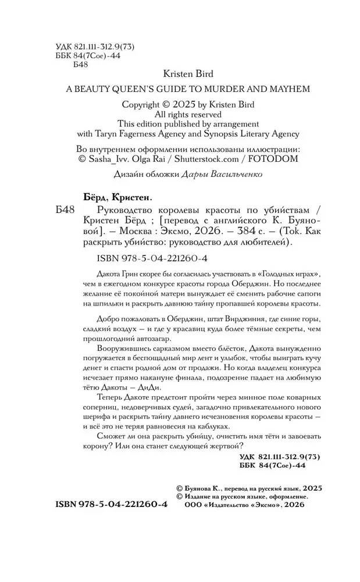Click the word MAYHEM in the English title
coord(290,89)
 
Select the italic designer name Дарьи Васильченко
coord(223,174)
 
